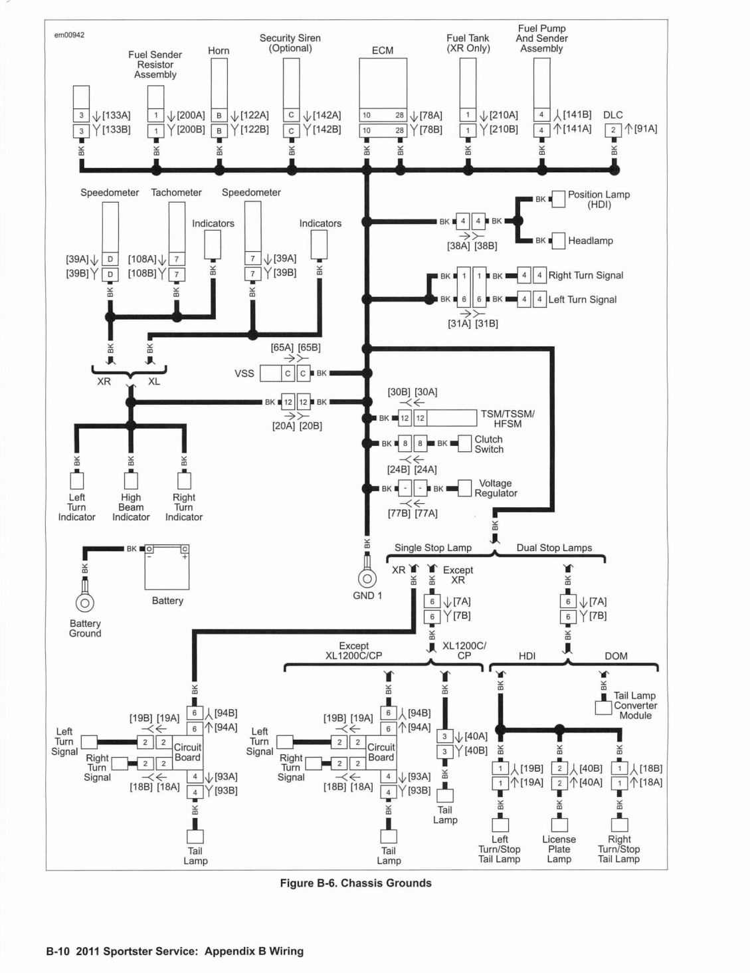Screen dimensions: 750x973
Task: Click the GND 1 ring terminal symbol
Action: (367, 578)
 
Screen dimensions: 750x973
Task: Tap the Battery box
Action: (167, 568)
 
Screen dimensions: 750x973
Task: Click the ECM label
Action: (382, 51)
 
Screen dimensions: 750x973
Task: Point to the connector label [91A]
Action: (646, 129)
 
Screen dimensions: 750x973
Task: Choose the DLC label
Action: (612, 115)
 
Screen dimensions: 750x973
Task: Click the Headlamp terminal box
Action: (558, 241)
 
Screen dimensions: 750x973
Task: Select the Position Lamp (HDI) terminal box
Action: (558, 199)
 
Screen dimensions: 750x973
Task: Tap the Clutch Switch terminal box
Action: (464, 443)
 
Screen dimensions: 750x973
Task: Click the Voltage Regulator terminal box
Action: (464, 488)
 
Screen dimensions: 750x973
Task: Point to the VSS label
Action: (244, 374)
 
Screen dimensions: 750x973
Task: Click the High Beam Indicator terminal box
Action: (131, 481)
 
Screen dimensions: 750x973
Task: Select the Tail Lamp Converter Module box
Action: (603, 708)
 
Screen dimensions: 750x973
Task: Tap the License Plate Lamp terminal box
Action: (559, 825)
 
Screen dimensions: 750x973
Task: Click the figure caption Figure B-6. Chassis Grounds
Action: (356, 883)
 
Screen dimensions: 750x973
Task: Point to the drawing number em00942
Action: (69, 35)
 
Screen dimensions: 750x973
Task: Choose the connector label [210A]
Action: (504, 115)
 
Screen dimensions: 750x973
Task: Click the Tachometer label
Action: (176, 193)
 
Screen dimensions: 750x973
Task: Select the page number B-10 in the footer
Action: (58, 951)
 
